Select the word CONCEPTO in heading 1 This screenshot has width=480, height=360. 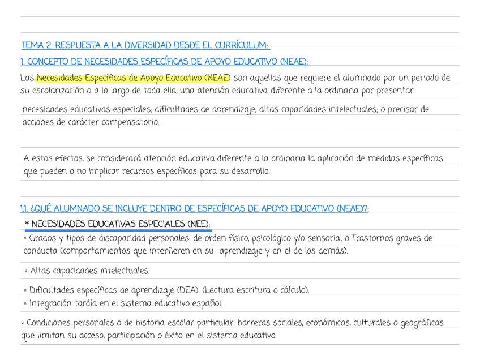(x=51, y=62)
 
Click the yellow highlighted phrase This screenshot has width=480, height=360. (x=133, y=78)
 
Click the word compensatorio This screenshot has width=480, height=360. (x=130, y=122)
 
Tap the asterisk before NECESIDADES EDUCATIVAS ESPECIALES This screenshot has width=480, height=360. (x=27, y=225)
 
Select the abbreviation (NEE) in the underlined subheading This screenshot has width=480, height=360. (x=199, y=224)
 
